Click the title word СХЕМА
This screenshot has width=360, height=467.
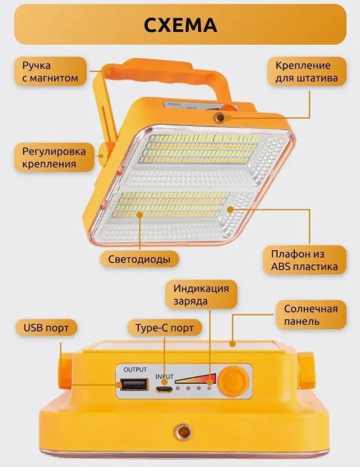180,25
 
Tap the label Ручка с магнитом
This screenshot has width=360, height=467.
50,72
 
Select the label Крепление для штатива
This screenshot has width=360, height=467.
307,72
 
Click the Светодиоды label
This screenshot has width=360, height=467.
139,259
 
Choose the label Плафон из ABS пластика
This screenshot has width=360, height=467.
304,260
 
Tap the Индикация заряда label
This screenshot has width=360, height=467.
201,294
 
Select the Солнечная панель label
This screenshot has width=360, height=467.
311,315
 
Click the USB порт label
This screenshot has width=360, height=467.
46,328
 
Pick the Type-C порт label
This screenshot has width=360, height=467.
165,328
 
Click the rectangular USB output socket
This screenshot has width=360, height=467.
134,385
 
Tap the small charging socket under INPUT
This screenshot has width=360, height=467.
164,389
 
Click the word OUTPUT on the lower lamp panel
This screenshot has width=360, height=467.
135,370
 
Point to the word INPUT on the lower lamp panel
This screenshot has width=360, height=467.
165,377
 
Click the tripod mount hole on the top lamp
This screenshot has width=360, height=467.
220,117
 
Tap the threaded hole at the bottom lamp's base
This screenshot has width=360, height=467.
183,431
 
